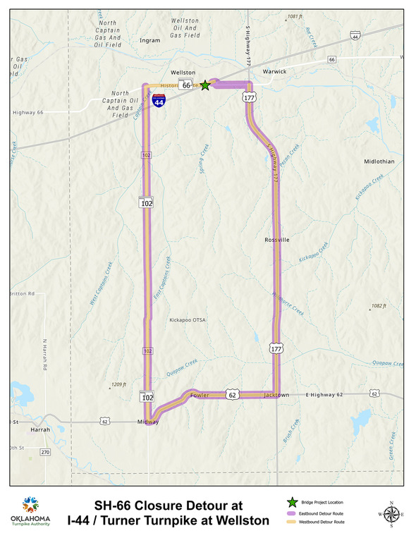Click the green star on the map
click(204, 85)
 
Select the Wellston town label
click(183, 73)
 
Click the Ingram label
click(150, 40)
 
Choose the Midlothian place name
click(379, 161)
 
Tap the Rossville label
click(277, 240)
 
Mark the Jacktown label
click(276, 396)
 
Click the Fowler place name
click(200, 396)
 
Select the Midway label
click(148, 422)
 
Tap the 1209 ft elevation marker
click(118, 385)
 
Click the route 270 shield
click(46, 452)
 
